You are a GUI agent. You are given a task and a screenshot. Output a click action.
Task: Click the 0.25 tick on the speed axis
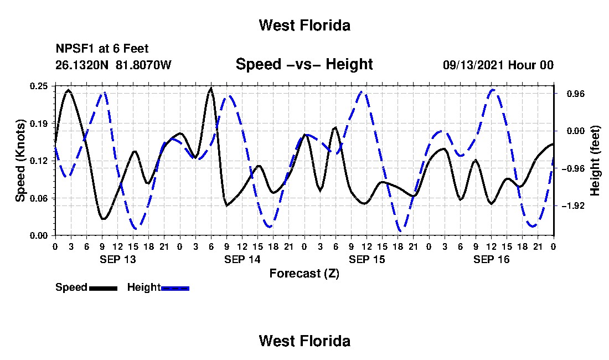tap(38, 86)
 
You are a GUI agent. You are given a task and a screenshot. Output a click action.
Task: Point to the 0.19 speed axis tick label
tap(38, 124)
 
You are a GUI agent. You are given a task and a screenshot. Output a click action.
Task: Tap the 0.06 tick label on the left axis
tap(38, 198)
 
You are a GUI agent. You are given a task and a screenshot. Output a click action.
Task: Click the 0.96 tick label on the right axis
tap(575, 94)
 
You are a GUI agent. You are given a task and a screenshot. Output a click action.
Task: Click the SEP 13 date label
tap(118, 259)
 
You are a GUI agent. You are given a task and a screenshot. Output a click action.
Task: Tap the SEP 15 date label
tap(367, 259)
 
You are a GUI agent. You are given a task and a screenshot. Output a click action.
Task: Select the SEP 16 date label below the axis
tap(491, 259)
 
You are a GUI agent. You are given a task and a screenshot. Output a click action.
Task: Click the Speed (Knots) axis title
tap(20, 161)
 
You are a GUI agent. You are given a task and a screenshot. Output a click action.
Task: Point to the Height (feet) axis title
tap(595, 161)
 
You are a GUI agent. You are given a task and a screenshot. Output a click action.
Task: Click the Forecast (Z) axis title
tap(304, 274)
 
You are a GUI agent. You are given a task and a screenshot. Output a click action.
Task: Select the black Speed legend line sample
tap(103, 288)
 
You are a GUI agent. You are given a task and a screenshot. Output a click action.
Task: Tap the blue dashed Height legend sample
tap(175, 288)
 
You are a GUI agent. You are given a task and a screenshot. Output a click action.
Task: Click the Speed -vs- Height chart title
tap(304, 64)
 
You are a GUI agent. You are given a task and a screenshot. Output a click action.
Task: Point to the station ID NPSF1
tap(76, 49)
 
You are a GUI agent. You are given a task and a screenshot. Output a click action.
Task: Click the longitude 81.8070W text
tap(143, 65)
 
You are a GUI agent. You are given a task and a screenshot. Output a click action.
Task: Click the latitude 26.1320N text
tap(82, 65)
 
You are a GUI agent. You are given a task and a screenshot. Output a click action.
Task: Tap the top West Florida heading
tap(304, 25)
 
